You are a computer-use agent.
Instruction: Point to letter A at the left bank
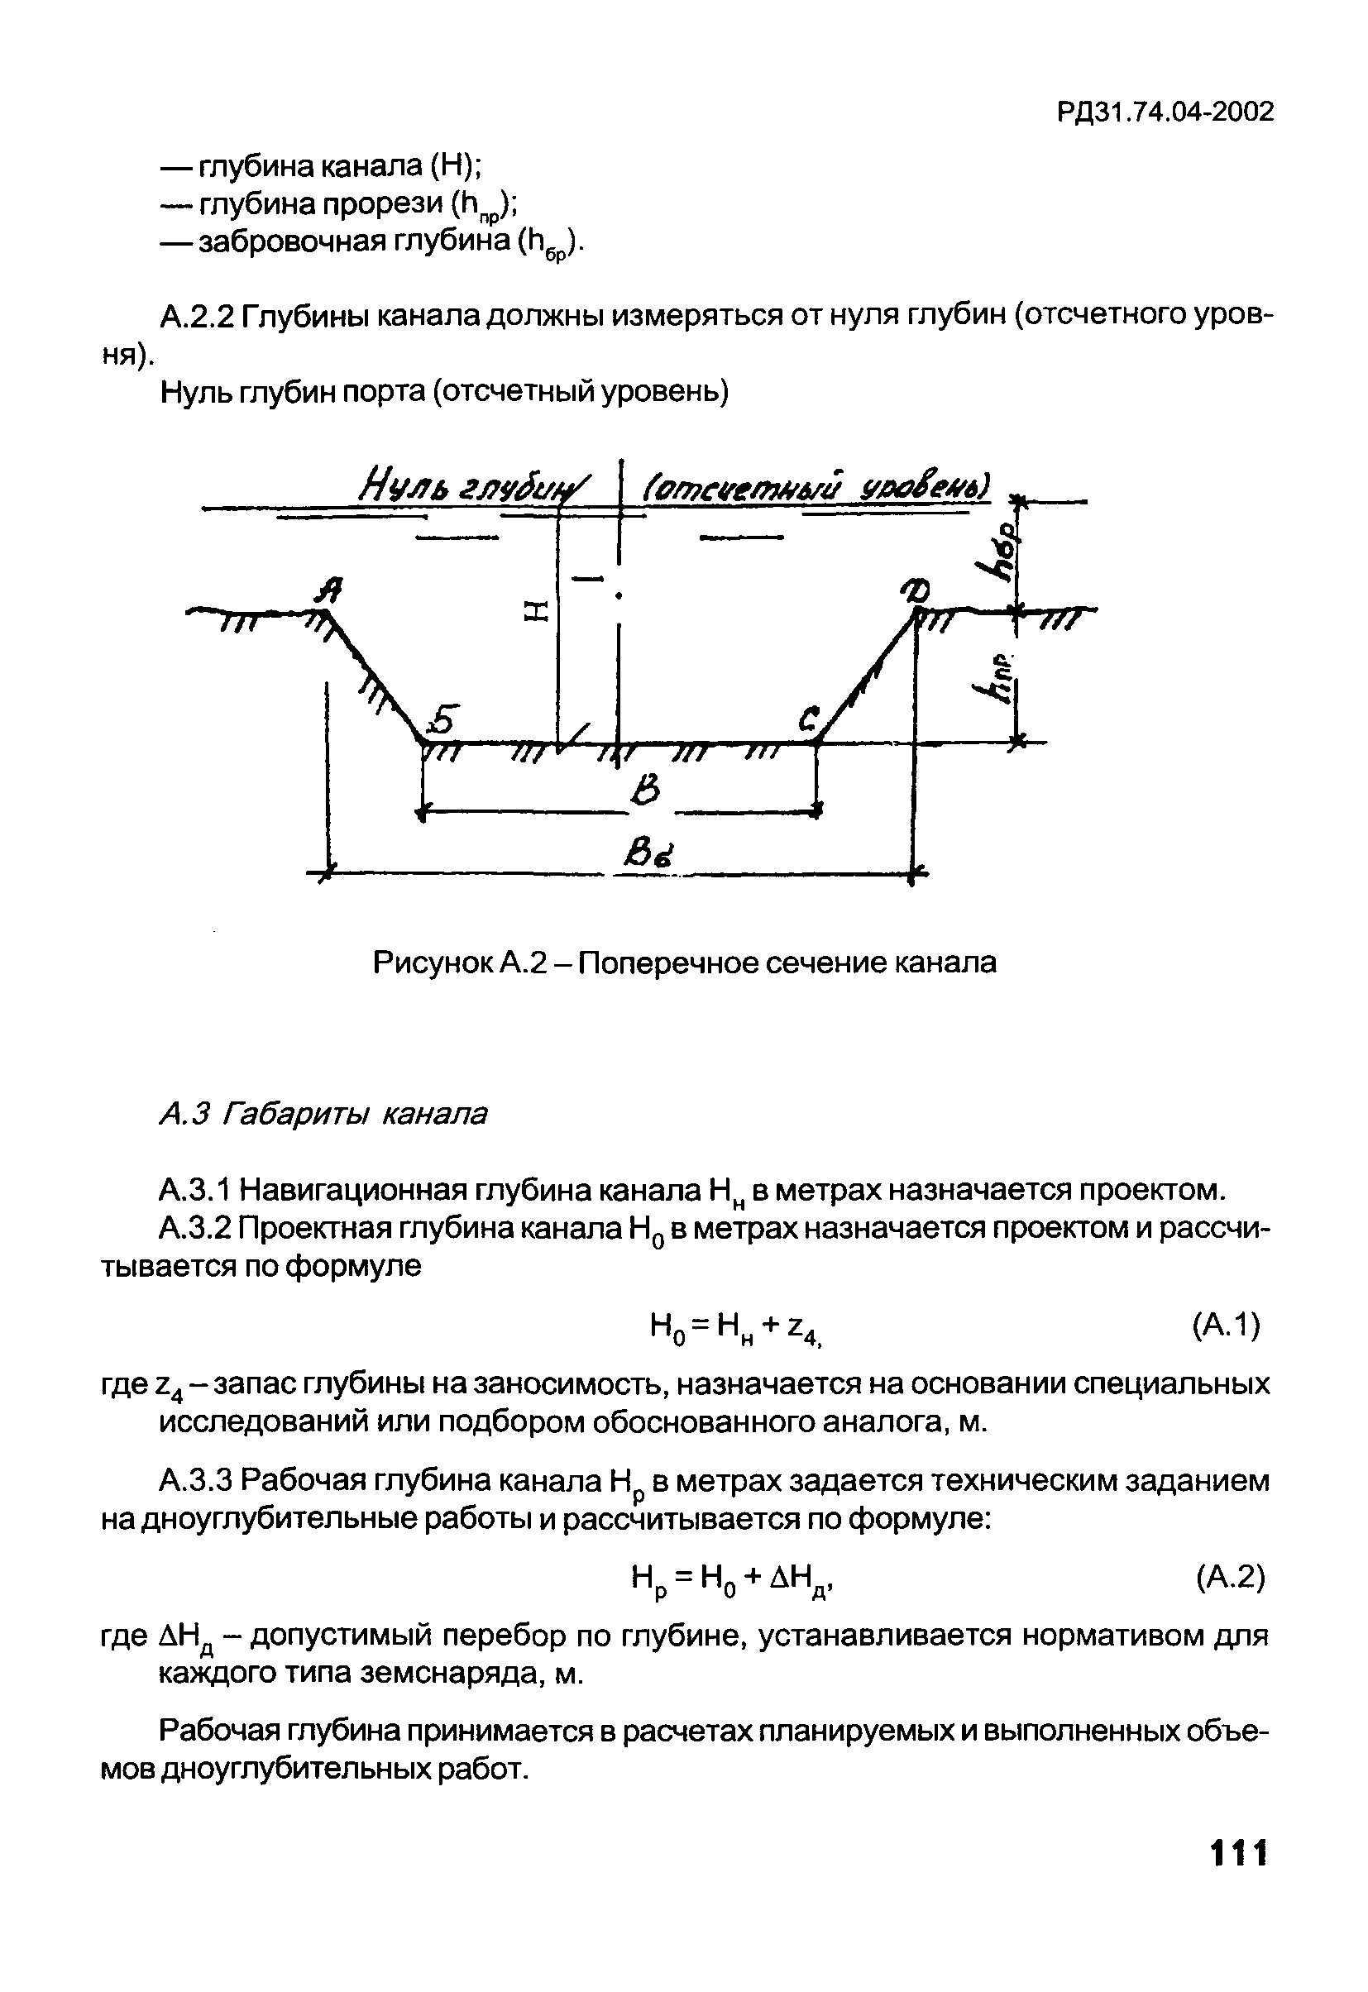coord(330,590)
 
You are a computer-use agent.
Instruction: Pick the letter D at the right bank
coord(924,590)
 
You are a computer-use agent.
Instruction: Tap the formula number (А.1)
coord(1226,1326)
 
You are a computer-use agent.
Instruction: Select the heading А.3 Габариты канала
coord(323,1114)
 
